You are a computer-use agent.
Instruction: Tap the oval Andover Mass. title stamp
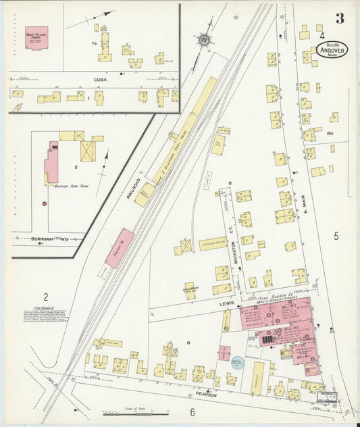coord(331,51)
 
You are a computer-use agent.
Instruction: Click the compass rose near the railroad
coord(203,40)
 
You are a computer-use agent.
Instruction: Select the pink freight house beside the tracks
coord(120,247)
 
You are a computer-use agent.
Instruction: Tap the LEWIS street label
coord(226,303)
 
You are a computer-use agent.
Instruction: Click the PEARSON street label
coord(205,395)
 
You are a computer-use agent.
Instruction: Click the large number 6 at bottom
coord(192,412)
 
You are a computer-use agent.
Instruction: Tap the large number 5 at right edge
coord(336,236)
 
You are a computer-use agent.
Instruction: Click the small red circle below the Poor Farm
coord(44,203)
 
